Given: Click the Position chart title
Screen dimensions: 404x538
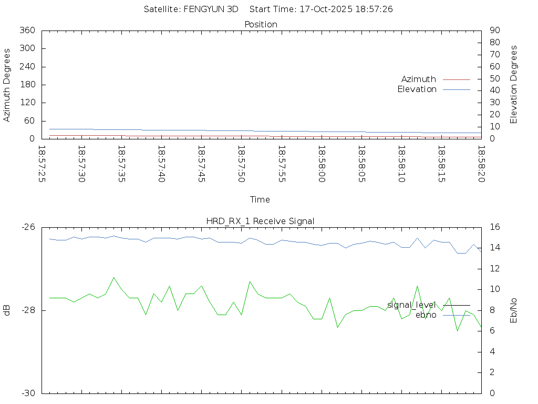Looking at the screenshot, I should (x=261, y=24).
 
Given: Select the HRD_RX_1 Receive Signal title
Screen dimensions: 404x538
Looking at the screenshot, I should (x=261, y=221).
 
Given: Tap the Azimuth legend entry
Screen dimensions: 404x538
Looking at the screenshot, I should (x=419, y=79).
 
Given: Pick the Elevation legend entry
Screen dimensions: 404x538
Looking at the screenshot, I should (x=417, y=89).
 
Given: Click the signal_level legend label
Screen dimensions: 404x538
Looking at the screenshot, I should (x=411, y=305).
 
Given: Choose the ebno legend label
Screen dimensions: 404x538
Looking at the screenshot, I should (x=426, y=315).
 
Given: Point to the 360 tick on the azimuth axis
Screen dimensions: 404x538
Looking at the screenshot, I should (x=27, y=31).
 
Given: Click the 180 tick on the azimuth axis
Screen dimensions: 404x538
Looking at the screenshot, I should (x=27, y=85).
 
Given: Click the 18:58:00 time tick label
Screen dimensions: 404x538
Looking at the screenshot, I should (x=320, y=164).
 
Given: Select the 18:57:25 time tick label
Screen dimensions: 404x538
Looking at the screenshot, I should (x=42, y=164).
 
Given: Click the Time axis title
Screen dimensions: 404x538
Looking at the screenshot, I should (x=260, y=200).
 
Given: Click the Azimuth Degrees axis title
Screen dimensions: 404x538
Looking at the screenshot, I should (x=7, y=85).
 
